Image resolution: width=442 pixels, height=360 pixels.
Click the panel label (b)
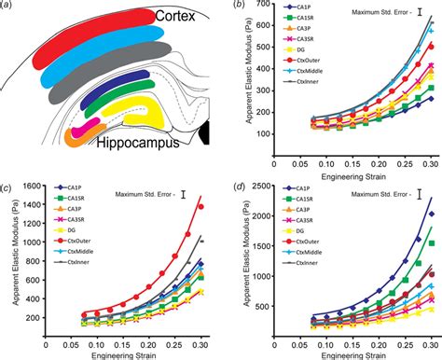[x=240, y=6]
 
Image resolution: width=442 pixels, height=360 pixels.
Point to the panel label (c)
[x=7, y=183]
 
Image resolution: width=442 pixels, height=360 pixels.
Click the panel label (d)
[x=240, y=183]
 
